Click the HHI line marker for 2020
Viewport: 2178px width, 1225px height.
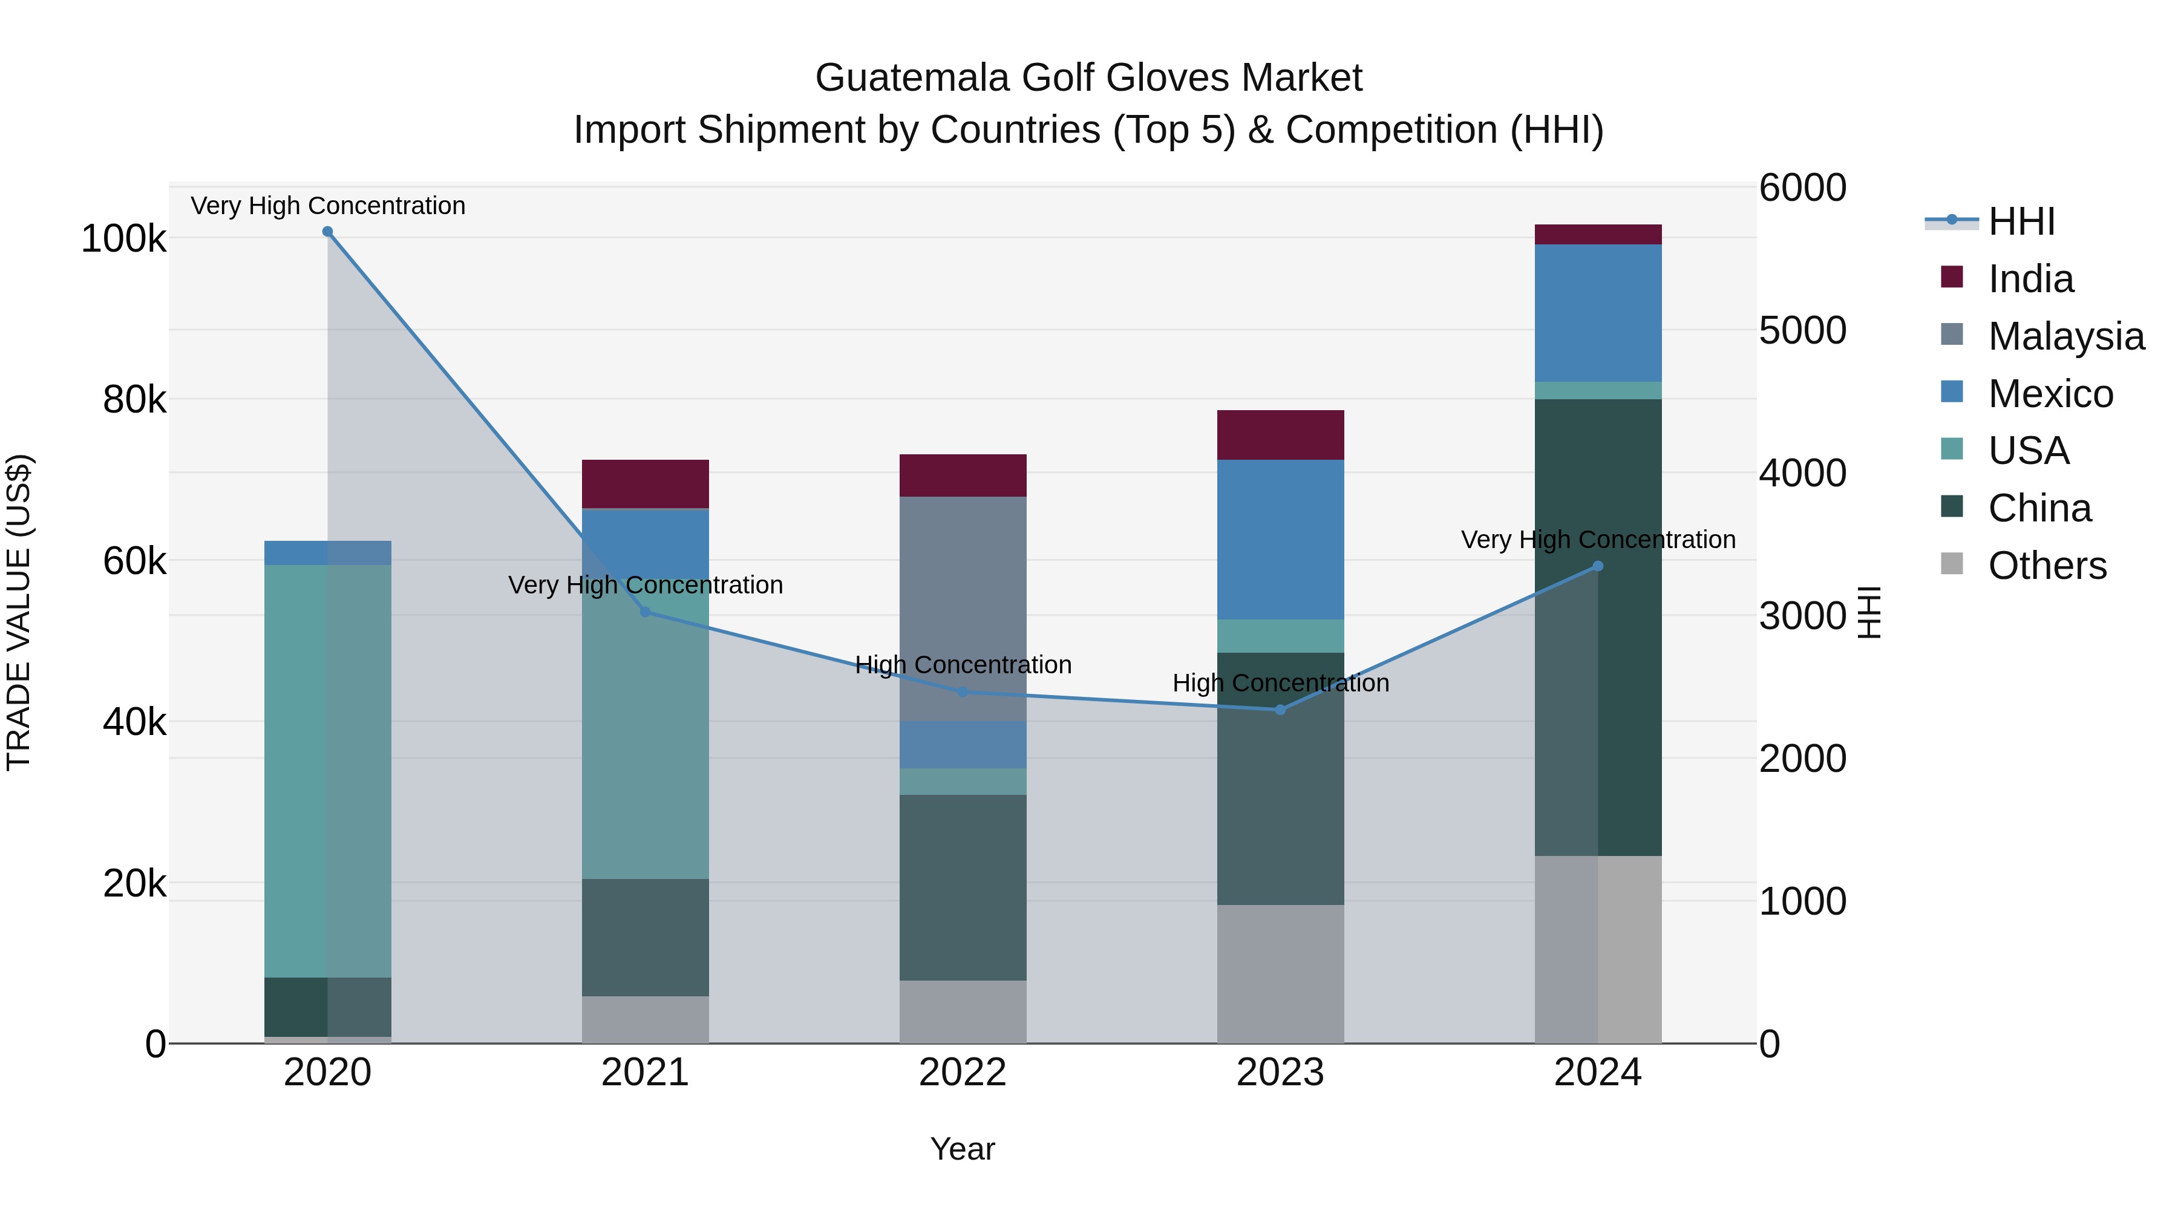pos(327,232)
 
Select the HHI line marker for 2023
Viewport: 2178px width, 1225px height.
pos(1280,710)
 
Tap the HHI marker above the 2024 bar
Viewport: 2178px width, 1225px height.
pos(1597,566)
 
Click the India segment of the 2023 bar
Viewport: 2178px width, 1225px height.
pos(1280,436)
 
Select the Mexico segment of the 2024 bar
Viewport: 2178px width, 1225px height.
pos(1597,313)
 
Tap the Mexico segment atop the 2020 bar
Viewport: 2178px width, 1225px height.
pos(327,553)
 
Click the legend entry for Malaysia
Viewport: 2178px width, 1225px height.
pos(2065,336)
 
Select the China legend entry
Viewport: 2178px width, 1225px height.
pos(2038,508)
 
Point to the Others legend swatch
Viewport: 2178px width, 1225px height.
pos(1951,564)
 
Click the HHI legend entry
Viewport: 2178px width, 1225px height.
pos(2021,221)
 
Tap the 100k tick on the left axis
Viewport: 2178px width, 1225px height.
pos(123,239)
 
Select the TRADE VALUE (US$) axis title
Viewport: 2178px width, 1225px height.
pos(19,612)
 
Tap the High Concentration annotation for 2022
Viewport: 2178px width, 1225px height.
pos(963,665)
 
